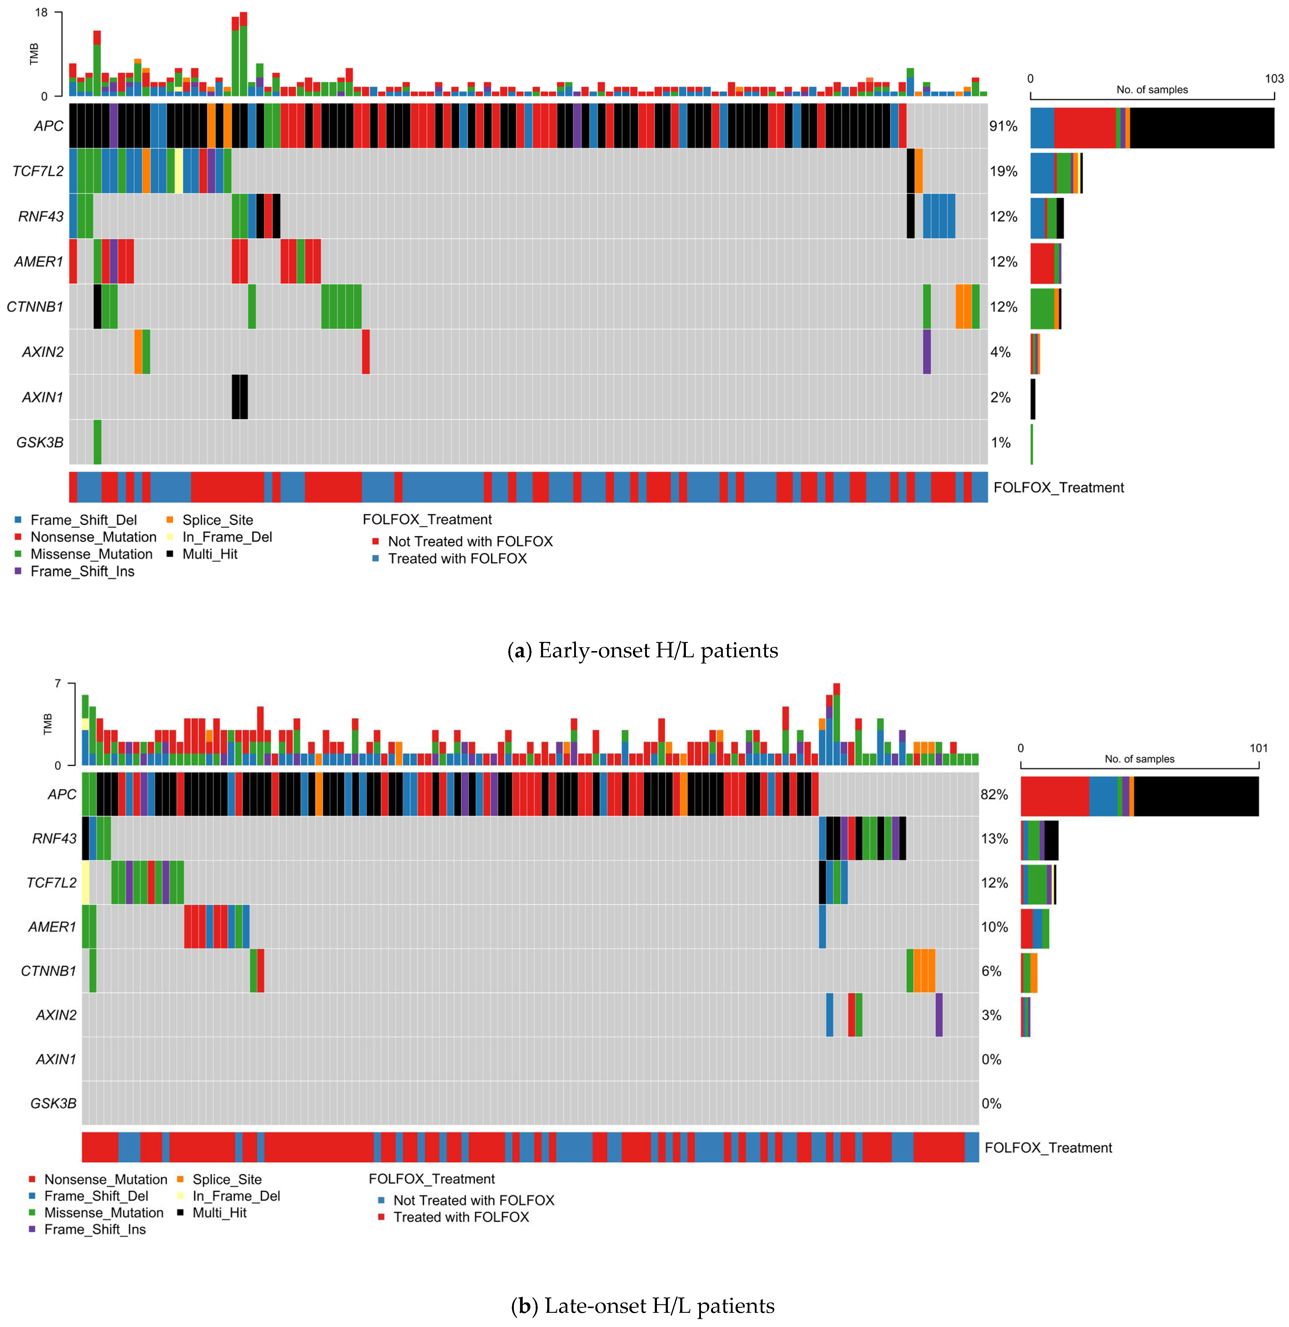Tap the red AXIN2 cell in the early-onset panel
(366, 351)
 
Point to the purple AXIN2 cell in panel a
(927, 351)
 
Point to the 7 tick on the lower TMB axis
(58, 684)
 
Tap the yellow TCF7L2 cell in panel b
(85, 882)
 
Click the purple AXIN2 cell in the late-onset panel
(939, 1014)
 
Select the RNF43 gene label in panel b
(54, 838)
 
